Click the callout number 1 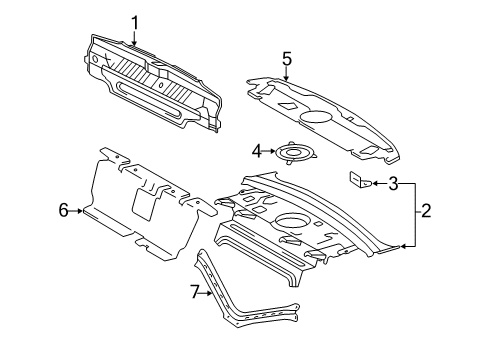[134, 20]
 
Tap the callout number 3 [394, 183]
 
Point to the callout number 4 [256, 152]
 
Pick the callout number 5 [286, 59]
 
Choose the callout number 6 [62, 209]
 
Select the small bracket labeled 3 [360, 181]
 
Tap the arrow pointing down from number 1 [134, 37]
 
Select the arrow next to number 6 [78, 209]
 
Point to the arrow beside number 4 [270, 152]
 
